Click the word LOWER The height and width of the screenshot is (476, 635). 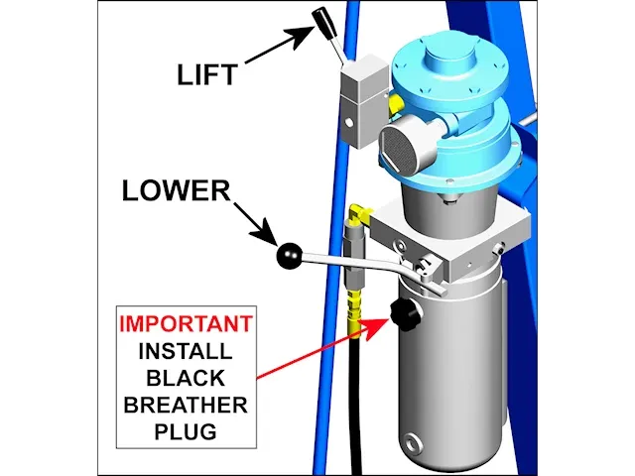tap(175, 190)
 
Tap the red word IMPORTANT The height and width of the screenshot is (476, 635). tap(185, 323)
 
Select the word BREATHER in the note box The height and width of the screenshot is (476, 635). tap(185, 405)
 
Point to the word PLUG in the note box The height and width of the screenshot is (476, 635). tap(185, 431)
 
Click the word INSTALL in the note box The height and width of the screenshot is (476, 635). tap(185, 350)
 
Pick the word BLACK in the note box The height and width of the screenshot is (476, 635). tap(185, 377)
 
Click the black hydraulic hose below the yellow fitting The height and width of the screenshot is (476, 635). tap(355, 397)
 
